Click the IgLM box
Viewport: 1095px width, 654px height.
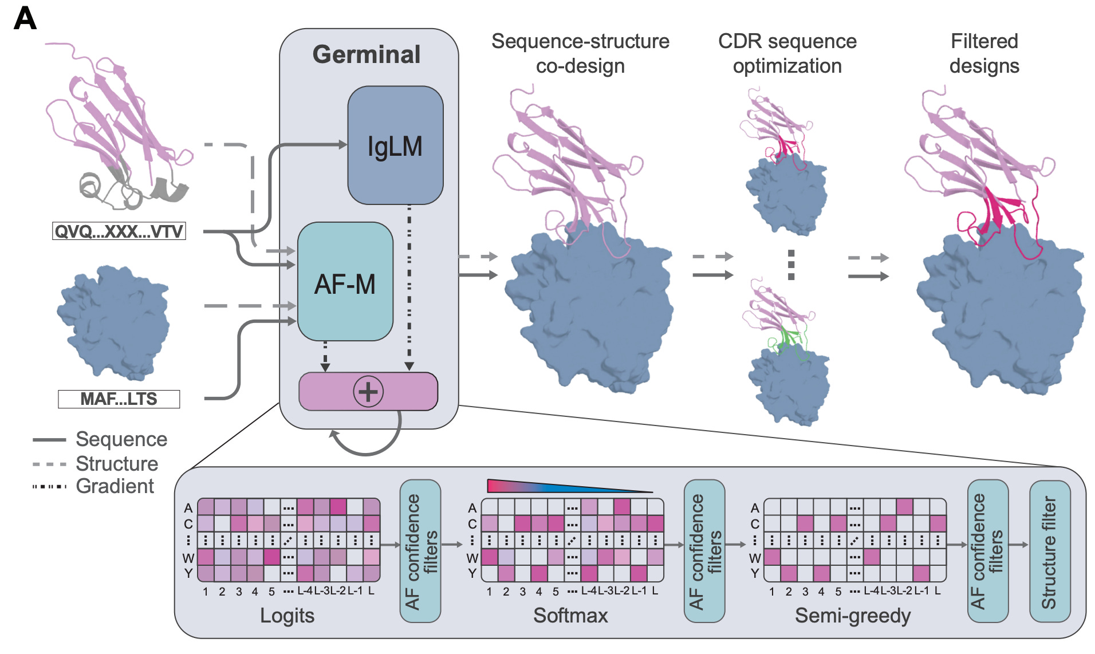click(x=395, y=145)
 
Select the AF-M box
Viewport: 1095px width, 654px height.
click(x=345, y=282)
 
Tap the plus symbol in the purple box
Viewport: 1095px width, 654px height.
click(x=368, y=392)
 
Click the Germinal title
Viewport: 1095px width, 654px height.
click(x=367, y=54)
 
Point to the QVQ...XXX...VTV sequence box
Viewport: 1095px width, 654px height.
click(x=119, y=231)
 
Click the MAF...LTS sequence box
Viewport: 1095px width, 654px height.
click(x=119, y=399)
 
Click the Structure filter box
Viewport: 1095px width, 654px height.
click(x=1049, y=551)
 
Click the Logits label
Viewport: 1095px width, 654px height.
click(x=287, y=616)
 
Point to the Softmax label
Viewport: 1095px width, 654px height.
click(x=570, y=616)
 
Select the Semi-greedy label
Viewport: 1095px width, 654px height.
click(x=852, y=616)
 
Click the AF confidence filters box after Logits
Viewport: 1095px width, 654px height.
click(x=420, y=551)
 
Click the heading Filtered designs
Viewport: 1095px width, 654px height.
click(x=984, y=53)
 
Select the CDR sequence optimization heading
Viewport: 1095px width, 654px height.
click(x=787, y=53)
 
